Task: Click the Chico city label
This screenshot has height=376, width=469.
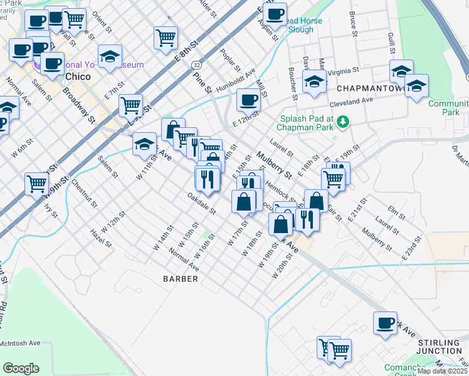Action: (78, 76)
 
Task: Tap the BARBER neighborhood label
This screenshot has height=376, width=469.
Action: (181, 278)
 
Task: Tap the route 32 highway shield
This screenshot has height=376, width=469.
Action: (198, 65)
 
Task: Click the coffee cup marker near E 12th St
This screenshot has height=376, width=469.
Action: (249, 100)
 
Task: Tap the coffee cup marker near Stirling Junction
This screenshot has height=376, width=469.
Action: (385, 323)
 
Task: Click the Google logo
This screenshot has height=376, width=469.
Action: (21, 368)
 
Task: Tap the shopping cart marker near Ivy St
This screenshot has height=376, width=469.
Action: (37, 184)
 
